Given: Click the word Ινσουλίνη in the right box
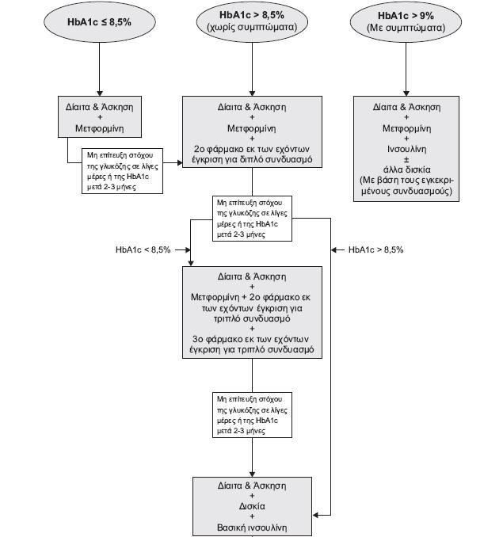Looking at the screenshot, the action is click(407, 149).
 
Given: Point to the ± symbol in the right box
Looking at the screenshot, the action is click(406, 159).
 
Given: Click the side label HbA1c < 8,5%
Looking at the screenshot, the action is click(143, 249).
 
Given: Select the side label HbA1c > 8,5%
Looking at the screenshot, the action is click(376, 249).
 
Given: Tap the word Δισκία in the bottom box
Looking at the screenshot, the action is click(252, 506).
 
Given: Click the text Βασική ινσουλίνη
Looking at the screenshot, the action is click(252, 527).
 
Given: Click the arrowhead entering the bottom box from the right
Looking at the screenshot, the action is click(316, 515).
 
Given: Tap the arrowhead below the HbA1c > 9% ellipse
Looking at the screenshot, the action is click(406, 93).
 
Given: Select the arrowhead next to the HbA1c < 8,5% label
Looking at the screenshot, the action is click(188, 250).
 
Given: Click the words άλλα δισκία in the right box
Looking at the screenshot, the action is click(407, 169).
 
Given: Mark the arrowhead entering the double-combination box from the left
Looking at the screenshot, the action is click(180, 162).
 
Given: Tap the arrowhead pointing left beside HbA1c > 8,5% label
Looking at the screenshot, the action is click(333, 250).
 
